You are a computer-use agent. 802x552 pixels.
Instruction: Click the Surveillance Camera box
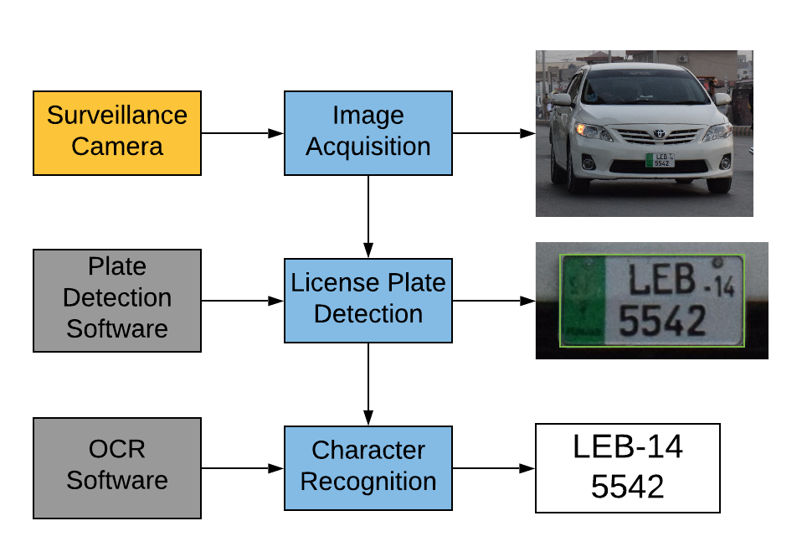point(117,132)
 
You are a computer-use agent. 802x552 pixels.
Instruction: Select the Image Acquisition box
point(368,132)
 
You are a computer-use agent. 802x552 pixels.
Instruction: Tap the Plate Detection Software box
point(117,300)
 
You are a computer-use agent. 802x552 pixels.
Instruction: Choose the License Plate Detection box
point(368,300)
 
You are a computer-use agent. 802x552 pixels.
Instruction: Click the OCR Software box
point(117,467)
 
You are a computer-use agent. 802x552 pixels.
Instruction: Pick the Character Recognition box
point(368,467)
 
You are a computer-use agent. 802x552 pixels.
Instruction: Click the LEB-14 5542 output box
point(628,467)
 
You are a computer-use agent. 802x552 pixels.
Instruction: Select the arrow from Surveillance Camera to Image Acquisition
point(243,132)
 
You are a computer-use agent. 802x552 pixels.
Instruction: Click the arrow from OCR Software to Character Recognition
point(243,468)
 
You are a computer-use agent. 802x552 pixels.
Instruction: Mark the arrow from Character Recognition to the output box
point(494,468)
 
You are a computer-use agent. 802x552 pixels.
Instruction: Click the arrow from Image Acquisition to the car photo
point(494,132)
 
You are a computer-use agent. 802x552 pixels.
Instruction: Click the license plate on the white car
point(660,159)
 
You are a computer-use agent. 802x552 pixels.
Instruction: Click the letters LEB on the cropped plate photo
point(662,281)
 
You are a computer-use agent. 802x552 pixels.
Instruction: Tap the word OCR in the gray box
point(117,450)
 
